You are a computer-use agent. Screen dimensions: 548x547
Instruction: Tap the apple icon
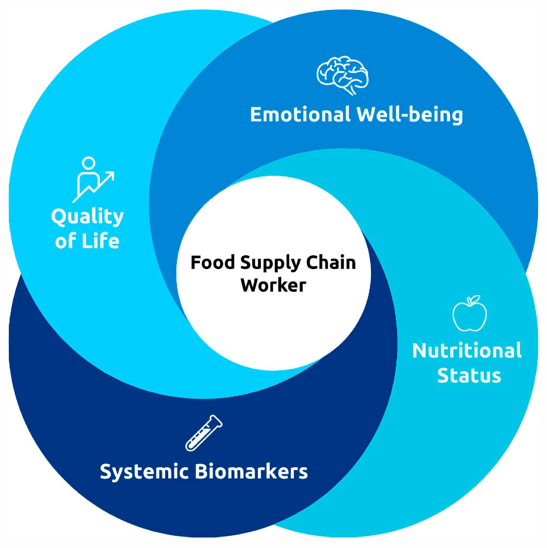[470, 315]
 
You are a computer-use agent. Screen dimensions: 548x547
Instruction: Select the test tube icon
[204, 433]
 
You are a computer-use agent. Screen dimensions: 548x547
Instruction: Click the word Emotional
[300, 115]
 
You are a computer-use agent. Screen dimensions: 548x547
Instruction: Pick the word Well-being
[410, 115]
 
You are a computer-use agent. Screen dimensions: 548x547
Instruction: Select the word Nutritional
[467, 350]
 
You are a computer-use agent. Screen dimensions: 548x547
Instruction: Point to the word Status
[469, 376]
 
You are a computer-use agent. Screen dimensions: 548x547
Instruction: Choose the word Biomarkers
[251, 472]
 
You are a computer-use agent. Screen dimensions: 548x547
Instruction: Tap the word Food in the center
[213, 263]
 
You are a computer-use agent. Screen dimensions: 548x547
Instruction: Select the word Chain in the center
[331, 263]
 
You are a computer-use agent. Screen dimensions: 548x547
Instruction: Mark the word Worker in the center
[273, 285]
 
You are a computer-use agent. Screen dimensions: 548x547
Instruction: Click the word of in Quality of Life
[65, 241]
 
